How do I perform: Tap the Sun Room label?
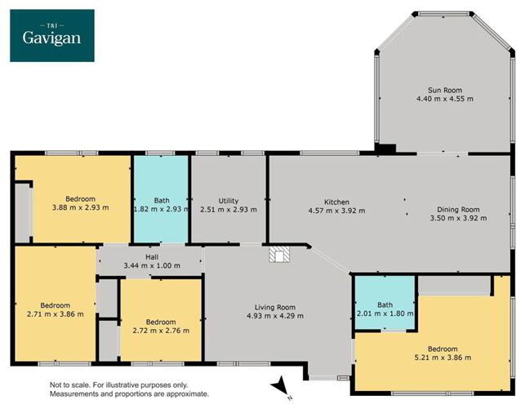tap(444, 90)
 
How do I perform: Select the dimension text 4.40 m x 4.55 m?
tap(444, 99)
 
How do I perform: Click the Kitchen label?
tap(336, 202)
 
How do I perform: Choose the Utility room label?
tap(228, 201)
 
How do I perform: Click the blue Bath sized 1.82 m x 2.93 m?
tap(161, 201)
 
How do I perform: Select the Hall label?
tap(151, 256)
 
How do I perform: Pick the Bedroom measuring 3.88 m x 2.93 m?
tap(81, 199)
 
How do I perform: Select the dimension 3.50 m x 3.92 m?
tap(457, 219)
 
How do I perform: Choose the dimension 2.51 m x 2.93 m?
tap(228, 210)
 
